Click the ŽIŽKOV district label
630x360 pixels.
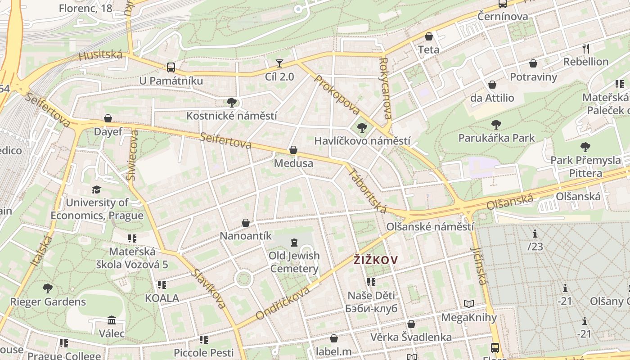(x=376, y=260)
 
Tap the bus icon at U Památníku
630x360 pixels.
(x=171, y=67)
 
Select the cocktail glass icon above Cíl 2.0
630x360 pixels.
(x=279, y=63)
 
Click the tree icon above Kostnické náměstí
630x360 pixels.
(x=232, y=103)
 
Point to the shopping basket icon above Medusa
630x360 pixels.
(x=293, y=150)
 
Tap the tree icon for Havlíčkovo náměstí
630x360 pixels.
(x=362, y=128)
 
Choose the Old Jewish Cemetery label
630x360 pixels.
(x=294, y=262)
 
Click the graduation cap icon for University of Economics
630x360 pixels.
(x=96, y=189)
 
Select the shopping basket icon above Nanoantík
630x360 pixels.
(x=246, y=223)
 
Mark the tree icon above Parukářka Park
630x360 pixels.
(x=496, y=125)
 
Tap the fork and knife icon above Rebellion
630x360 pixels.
(x=586, y=48)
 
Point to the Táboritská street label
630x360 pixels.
(x=367, y=191)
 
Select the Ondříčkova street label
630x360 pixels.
(x=283, y=303)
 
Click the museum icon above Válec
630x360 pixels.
(x=112, y=320)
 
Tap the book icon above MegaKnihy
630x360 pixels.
(x=469, y=304)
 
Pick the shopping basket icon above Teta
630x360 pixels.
(x=429, y=36)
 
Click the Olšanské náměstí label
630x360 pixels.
(x=430, y=226)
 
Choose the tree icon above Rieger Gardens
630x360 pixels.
(x=48, y=288)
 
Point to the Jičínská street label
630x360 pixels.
(x=478, y=265)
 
